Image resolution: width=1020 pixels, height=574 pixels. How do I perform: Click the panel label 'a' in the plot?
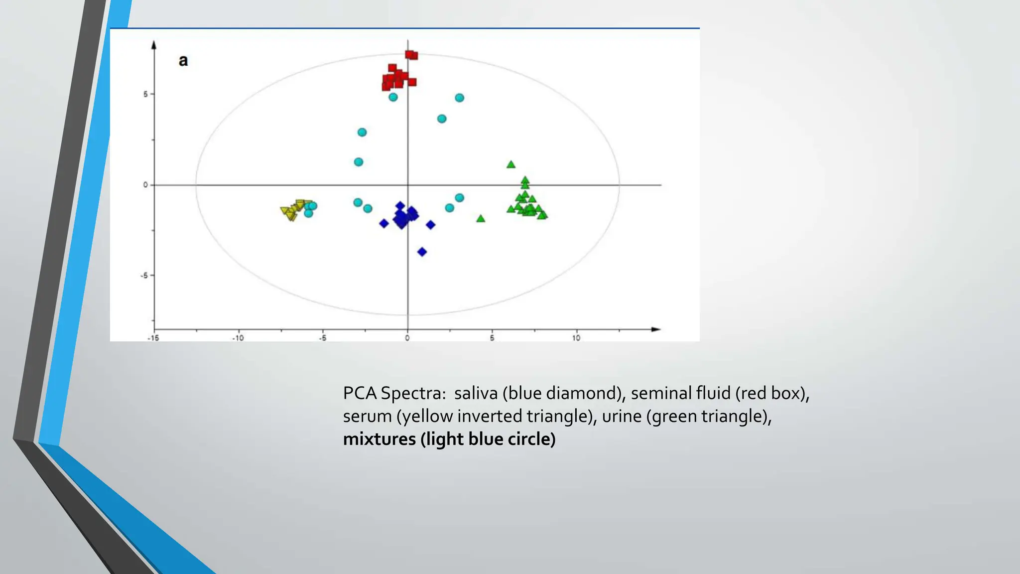coord(183,61)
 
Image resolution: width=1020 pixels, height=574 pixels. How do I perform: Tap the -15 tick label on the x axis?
coord(153,338)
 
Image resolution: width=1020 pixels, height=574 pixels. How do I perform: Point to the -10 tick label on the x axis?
coord(238,338)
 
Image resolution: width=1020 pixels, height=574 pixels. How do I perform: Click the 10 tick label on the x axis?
coord(576,338)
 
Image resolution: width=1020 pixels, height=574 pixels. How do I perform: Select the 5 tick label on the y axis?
coord(145,94)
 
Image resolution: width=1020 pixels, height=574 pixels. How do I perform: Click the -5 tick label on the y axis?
coord(144,276)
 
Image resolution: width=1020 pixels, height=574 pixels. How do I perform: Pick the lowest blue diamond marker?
coord(422,252)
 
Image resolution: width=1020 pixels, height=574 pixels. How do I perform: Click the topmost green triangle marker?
coord(510,164)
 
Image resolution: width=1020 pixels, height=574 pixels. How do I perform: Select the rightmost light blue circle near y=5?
coord(459,98)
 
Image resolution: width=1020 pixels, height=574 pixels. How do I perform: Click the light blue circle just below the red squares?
coord(393,97)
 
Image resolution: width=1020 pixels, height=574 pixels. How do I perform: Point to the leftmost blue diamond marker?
coord(384,224)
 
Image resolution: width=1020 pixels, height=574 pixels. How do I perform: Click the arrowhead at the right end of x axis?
coord(656,329)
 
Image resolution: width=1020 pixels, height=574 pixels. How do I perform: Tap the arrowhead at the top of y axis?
coord(154,45)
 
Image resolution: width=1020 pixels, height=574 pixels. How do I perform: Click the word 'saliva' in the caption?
coord(476,393)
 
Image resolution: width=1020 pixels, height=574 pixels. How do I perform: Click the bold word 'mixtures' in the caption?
coord(380,439)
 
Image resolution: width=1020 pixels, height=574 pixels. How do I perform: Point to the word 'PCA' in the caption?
coord(360,393)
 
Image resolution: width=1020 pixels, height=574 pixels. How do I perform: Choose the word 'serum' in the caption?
coord(367,416)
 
